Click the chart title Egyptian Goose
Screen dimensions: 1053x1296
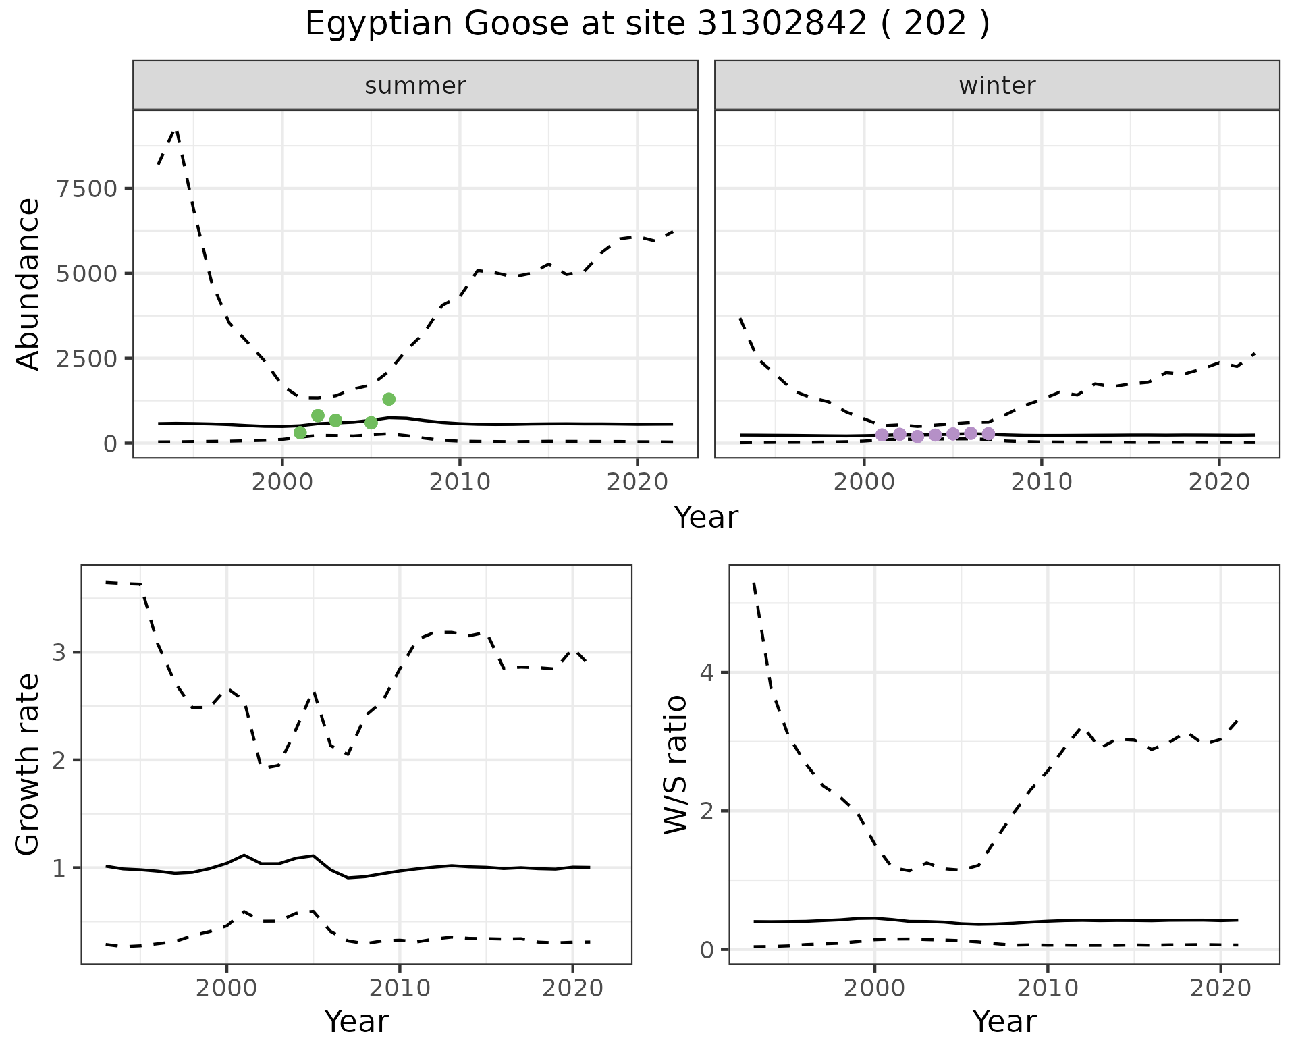coord(647,24)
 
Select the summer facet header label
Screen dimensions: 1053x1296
coord(415,86)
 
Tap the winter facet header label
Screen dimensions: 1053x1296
coord(997,86)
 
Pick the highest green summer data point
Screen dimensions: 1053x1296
coord(389,399)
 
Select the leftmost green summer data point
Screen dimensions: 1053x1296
coord(300,432)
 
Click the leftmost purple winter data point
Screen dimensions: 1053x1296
coord(882,435)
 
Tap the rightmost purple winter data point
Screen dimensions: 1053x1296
coord(988,433)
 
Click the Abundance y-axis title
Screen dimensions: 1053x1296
coord(28,283)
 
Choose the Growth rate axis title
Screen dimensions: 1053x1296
coord(28,764)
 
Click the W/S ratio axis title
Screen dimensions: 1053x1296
coord(676,764)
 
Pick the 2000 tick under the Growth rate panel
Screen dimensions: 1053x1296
coord(227,989)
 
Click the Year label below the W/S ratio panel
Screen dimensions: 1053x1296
coord(1004,1022)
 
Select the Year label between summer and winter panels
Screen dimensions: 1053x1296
coord(706,518)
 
